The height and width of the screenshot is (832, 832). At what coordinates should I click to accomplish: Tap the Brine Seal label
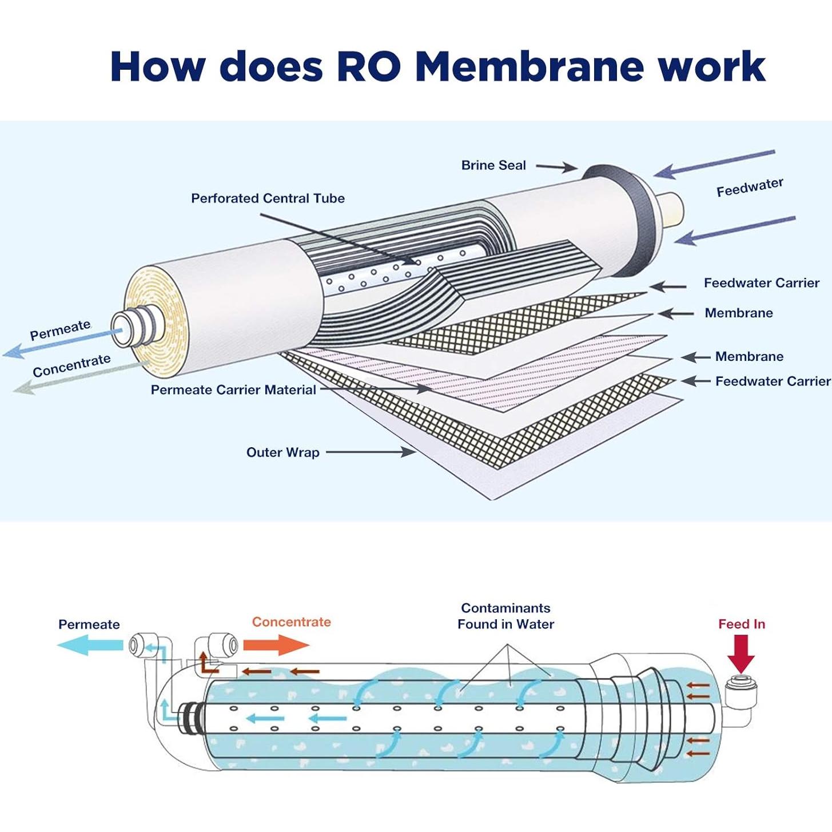pyautogui.click(x=493, y=165)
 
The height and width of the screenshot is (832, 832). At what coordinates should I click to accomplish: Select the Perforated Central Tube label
pyautogui.click(x=268, y=198)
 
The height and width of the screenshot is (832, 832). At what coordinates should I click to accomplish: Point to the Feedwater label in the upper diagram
pyautogui.click(x=750, y=187)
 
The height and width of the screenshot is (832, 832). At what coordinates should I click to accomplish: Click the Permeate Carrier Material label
pyautogui.click(x=233, y=390)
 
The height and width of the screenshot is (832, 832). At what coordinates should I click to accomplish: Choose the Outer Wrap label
pyautogui.click(x=282, y=452)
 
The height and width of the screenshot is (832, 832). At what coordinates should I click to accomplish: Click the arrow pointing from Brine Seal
pyautogui.click(x=556, y=167)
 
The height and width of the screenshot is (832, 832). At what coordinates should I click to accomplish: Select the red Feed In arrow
pyautogui.click(x=741, y=654)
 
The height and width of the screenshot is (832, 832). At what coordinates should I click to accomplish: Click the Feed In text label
pyautogui.click(x=742, y=624)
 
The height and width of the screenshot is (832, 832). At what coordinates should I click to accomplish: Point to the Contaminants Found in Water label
pyautogui.click(x=505, y=616)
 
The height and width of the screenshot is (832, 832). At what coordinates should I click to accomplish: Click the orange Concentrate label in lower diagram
pyautogui.click(x=291, y=622)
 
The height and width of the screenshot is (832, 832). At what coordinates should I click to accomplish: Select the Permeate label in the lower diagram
pyautogui.click(x=89, y=624)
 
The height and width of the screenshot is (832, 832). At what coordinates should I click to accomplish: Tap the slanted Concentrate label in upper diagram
pyautogui.click(x=71, y=366)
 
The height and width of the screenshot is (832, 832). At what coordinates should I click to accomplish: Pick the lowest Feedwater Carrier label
pyautogui.click(x=773, y=381)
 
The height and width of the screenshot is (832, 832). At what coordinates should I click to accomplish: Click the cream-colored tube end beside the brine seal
pyautogui.click(x=671, y=209)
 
